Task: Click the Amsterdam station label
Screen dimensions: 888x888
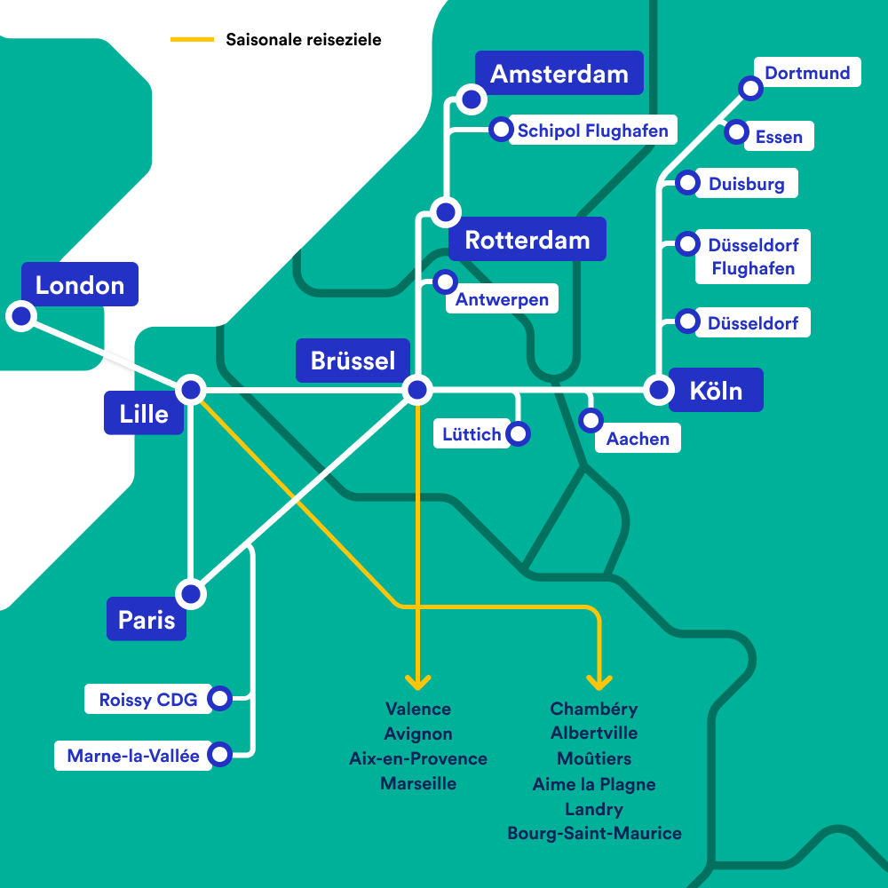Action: click(x=559, y=73)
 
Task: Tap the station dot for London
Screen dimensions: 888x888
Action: click(x=21, y=316)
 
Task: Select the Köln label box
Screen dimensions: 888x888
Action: click(x=716, y=390)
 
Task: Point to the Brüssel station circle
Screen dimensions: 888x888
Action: click(x=417, y=390)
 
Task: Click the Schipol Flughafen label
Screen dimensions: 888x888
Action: click(x=593, y=131)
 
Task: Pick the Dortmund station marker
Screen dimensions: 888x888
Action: click(x=751, y=88)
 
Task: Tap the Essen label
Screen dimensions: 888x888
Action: click(x=779, y=136)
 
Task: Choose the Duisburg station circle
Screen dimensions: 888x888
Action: click(x=687, y=182)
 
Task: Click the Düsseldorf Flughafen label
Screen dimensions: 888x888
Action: click(x=753, y=257)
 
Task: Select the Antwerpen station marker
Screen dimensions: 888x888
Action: click(x=445, y=281)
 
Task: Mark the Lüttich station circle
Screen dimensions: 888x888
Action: click(x=518, y=434)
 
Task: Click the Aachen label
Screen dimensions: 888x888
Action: click(x=638, y=438)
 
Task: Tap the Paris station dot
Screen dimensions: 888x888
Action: click(x=191, y=594)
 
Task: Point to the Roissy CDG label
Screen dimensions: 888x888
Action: click(x=147, y=699)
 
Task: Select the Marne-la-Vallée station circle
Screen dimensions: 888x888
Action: click(x=219, y=754)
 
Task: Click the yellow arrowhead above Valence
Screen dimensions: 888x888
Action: click(x=418, y=682)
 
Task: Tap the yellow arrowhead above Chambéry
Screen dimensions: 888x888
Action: click(x=599, y=682)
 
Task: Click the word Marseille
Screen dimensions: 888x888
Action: click(x=418, y=783)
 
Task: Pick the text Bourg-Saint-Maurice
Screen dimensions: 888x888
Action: click(x=595, y=833)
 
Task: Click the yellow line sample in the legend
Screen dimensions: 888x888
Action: click(x=193, y=39)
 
